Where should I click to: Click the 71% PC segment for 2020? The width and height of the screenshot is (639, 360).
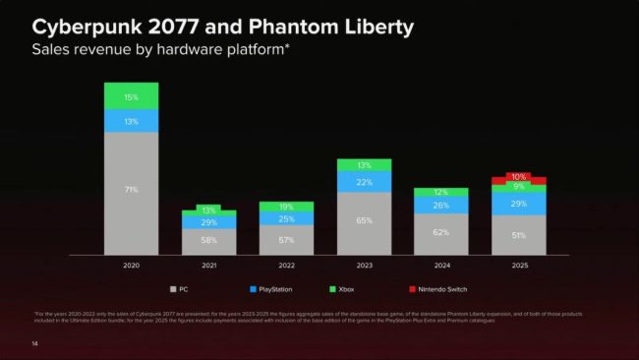tap(131, 190)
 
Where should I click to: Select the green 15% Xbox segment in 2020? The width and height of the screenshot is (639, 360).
tap(131, 96)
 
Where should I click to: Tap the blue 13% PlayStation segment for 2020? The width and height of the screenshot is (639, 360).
tap(131, 121)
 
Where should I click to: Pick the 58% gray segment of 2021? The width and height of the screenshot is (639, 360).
tap(208, 241)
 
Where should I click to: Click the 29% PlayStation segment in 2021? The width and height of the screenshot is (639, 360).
tap(208, 223)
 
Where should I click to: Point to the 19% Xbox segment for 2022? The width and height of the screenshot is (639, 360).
tap(286, 208)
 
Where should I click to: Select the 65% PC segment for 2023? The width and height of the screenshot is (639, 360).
tap(364, 222)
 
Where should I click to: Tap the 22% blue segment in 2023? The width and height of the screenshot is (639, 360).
tap(364, 182)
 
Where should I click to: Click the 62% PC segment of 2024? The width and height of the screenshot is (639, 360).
tap(440, 233)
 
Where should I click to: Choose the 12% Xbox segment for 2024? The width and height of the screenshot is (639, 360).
tap(440, 193)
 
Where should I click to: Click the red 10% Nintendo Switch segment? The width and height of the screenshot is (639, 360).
tap(518, 178)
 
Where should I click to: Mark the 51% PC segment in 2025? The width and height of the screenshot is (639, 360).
tap(518, 236)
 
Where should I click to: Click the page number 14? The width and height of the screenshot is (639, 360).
tap(34, 343)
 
